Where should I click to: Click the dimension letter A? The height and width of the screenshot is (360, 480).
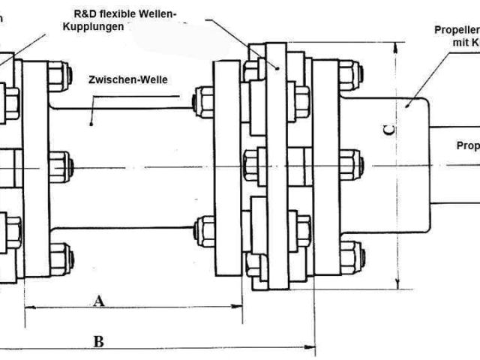click(98, 301)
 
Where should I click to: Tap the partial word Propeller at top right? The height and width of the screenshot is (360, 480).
click(457, 30)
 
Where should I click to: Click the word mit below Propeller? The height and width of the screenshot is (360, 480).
click(460, 43)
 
